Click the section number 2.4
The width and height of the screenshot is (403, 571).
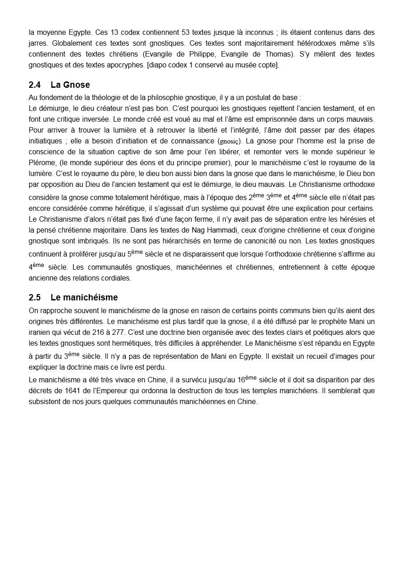[x=34, y=85]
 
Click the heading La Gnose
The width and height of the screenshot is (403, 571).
[x=70, y=85]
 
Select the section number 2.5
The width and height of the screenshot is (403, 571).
[x=34, y=297]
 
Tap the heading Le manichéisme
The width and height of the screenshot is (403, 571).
[x=84, y=297]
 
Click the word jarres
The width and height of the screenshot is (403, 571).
[x=38, y=43]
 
